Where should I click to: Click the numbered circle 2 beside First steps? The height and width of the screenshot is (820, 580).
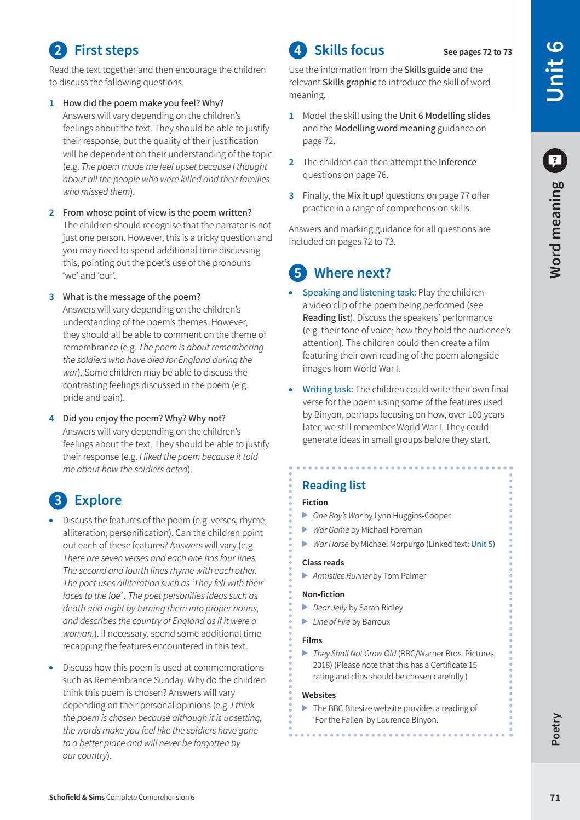click(58, 50)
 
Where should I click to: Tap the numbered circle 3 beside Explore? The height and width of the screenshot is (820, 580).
click(58, 500)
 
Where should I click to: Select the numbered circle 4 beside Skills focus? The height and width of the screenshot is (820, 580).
click(297, 50)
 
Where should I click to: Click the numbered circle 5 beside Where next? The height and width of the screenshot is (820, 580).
click(297, 273)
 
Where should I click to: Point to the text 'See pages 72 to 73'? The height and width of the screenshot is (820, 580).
click(477, 52)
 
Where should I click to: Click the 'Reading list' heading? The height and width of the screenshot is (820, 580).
click(334, 486)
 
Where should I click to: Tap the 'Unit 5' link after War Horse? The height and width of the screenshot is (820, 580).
click(482, 544)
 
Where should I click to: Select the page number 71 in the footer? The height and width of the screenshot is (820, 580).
click(555, 798)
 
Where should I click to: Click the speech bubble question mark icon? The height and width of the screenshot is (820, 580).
click(555, 161)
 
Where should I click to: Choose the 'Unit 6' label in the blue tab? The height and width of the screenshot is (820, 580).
click(555, 71)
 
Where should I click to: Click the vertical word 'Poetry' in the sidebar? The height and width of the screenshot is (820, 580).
click(555, 729)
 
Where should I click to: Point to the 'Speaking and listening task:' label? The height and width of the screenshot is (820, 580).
click(359, 293)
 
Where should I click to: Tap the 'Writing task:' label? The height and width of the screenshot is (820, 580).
click(328, 390)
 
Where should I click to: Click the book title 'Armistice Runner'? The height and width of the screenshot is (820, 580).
click(341, 576)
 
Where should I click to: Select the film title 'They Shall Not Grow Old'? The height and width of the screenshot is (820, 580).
click(354, 654)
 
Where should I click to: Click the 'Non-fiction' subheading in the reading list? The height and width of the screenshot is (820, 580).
click(323, 594)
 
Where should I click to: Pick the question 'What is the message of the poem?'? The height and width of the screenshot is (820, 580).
click(131, 297)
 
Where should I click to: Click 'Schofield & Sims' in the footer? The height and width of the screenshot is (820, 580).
click(77, 798)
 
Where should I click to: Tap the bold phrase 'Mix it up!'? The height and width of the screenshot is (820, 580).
click(365, 196)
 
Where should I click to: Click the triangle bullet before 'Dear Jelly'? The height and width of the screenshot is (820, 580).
click(305, 607)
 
